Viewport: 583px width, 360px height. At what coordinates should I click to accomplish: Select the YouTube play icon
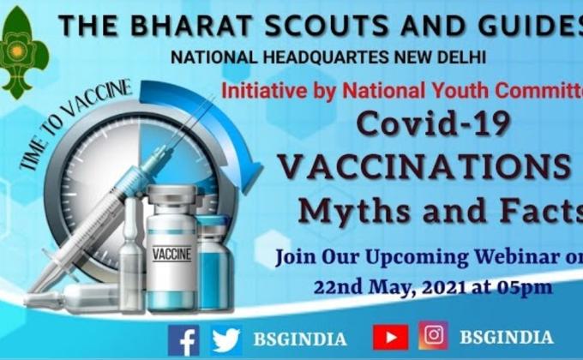[x=390, y=337]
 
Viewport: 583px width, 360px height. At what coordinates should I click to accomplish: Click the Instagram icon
[x=433, y=336]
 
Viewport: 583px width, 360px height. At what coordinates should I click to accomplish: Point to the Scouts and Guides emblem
[x=23, y=53]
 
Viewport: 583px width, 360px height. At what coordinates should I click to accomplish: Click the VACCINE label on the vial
[x=172, y=254]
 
